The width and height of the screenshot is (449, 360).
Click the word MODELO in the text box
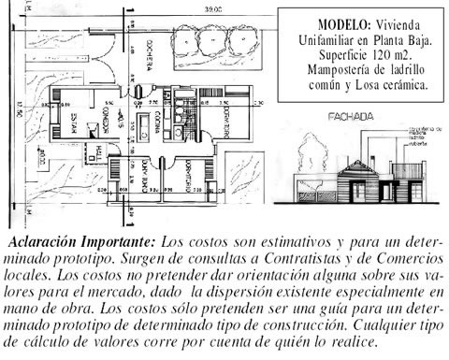tap(337, 22)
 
